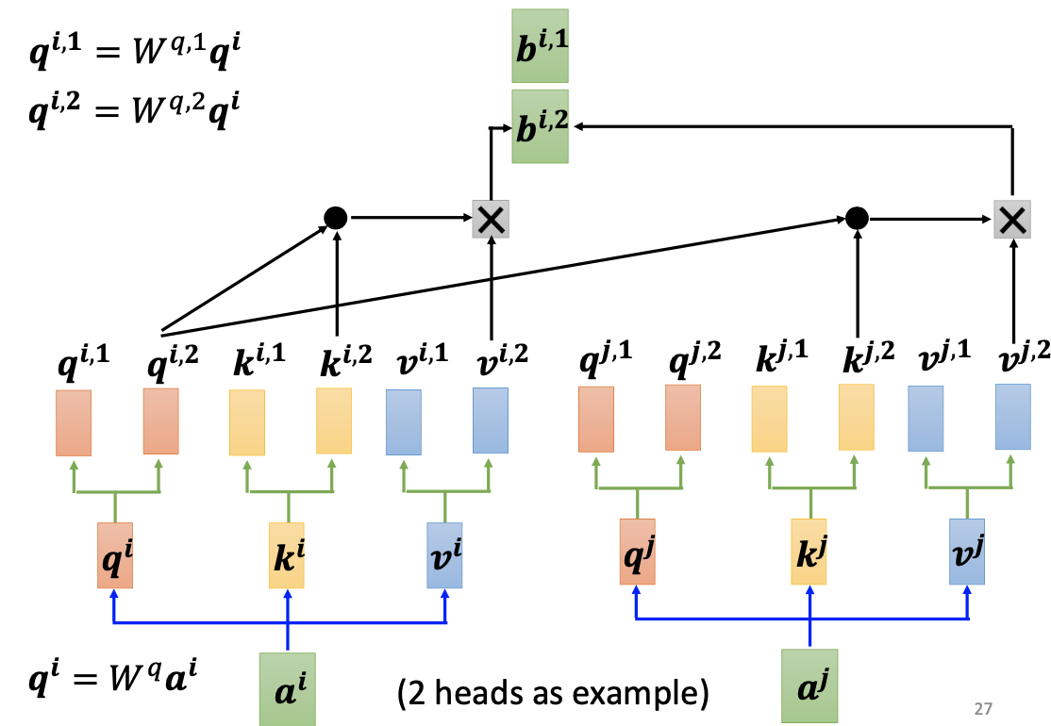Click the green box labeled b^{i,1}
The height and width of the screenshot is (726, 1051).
click(540, 46)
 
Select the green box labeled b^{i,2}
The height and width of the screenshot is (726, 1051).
click(540, 126)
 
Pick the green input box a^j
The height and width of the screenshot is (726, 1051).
click(809, 685)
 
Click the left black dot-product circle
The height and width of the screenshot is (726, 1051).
click(335, 219)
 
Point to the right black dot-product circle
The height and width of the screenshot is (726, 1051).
click(856, 219)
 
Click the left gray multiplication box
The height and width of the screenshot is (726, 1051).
click(491, 219)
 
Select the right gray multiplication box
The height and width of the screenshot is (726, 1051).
click(1012, 219)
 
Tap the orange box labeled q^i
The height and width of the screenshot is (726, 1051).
click(115, 555)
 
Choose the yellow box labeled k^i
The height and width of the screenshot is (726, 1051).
click(287, 555)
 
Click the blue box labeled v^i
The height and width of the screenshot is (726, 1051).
click(444, 555)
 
